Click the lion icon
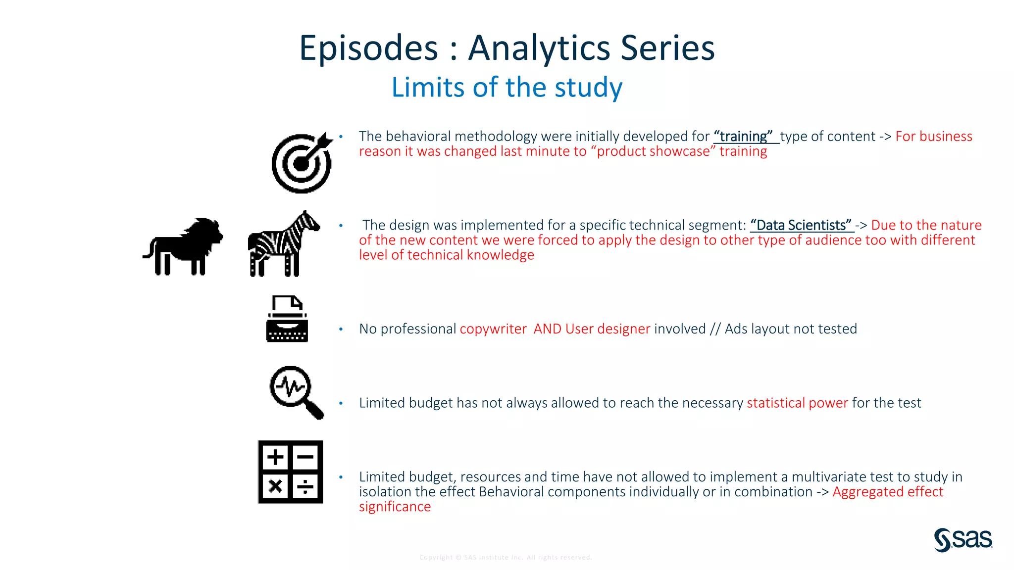[183, 246]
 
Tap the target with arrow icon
[302, 163]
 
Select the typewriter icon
[287, 319]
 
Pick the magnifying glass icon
[296, 392]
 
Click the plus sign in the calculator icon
[275, 457]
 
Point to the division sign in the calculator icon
[305, 487]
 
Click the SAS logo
[963, 539]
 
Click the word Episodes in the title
[369, 48]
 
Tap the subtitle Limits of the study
[507, 88]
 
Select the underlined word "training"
[743, 136]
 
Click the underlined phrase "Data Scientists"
[801, 225]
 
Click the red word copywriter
[493, 329]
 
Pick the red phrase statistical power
[797, 403]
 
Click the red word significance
[395, 507]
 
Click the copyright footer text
[506, 558]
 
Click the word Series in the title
[667, 48]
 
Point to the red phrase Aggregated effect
[887, 492]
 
